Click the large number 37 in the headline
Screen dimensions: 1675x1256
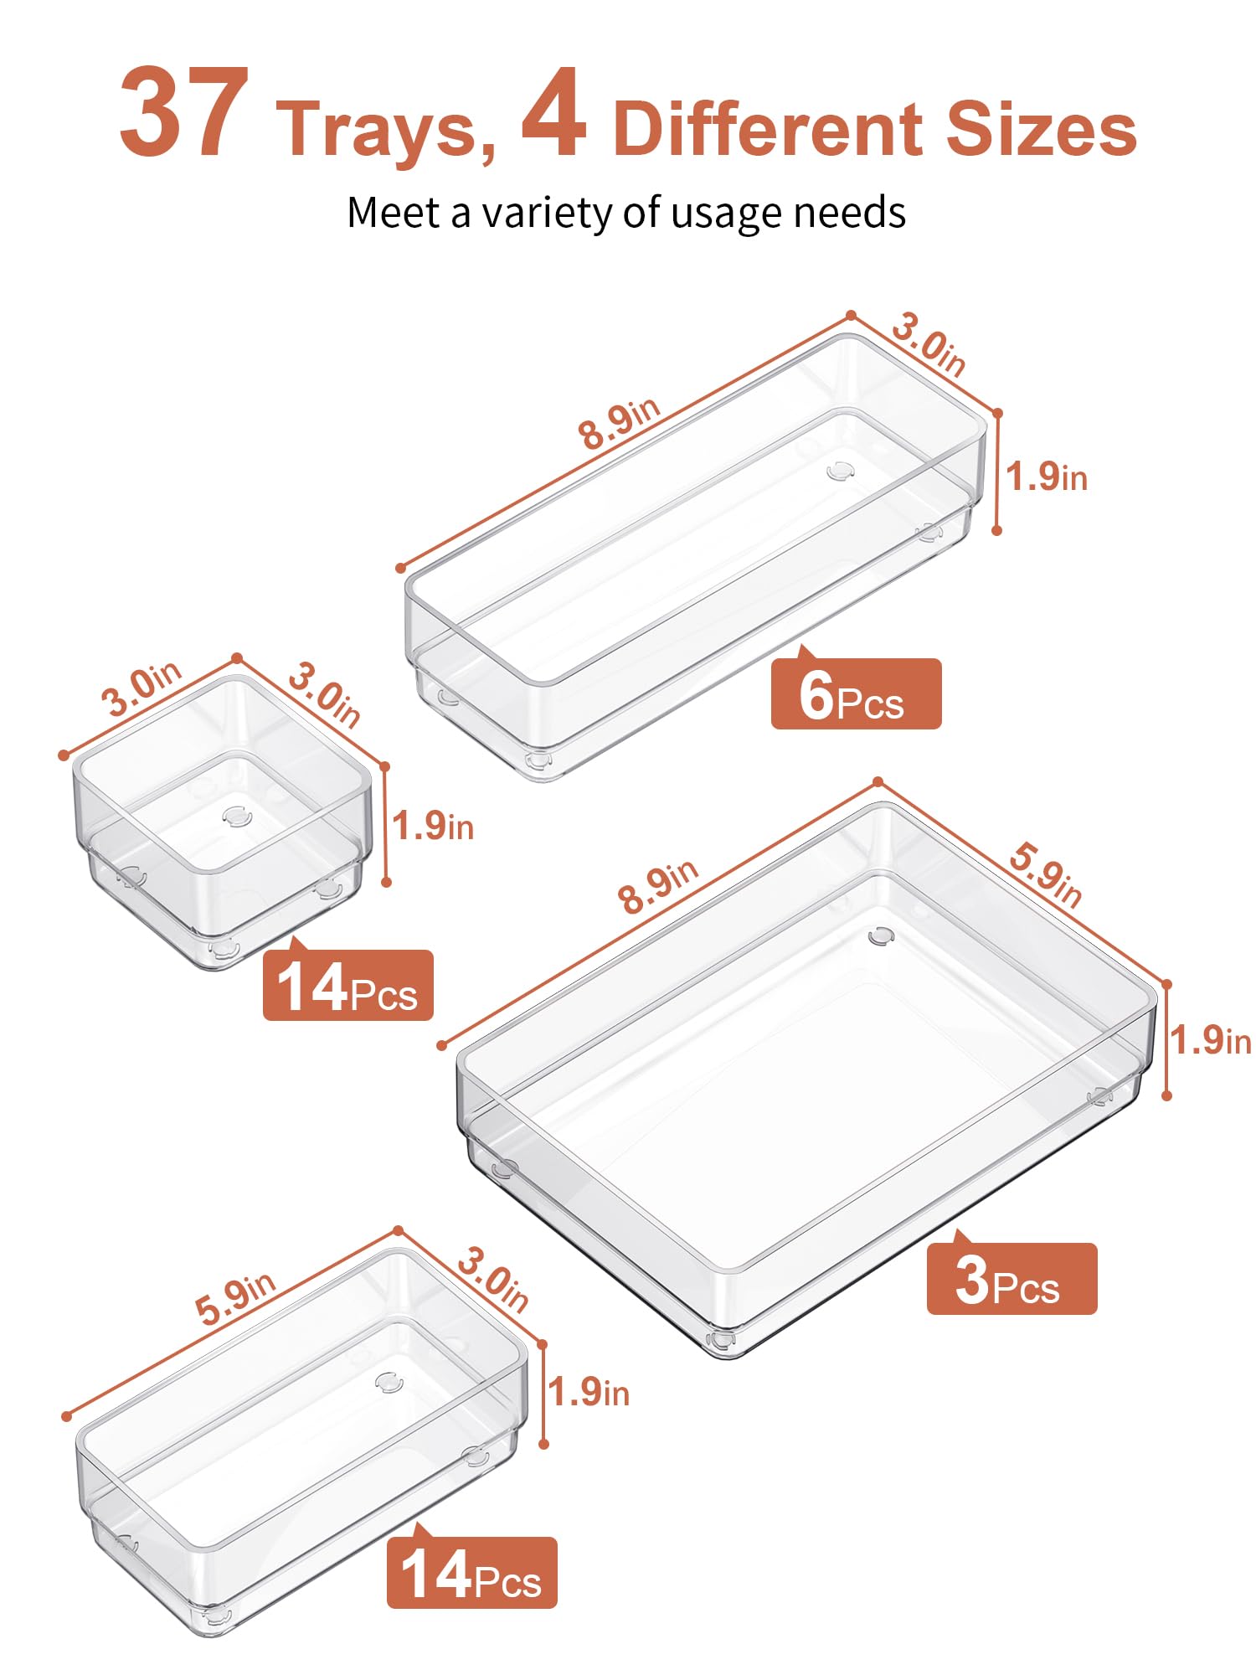click(184, 113)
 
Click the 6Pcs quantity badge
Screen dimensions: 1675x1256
click(855, 694)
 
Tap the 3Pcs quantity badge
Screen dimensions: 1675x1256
click(1011, 1279)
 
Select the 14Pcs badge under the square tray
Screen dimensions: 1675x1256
click(347, 986)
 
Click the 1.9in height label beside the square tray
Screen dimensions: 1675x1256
click(433, 827)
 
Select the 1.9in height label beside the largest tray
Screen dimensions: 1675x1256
click(1210, 1041)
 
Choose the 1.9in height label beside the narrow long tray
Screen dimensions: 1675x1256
click(1046, 477)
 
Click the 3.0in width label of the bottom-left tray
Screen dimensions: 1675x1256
click(493, 1281)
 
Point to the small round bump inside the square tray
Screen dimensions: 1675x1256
click(236, 815)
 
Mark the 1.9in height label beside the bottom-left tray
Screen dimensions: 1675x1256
click(589, 1392)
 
